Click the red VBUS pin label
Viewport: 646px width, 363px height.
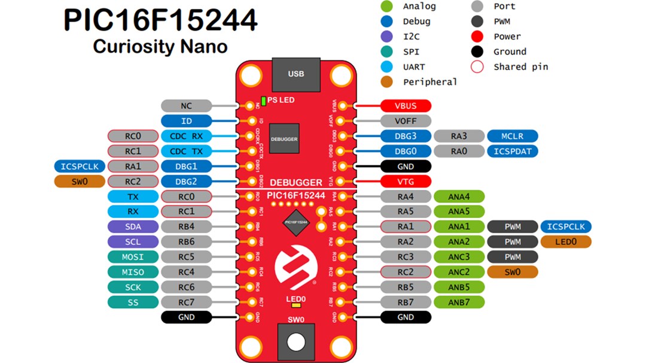[406, 106]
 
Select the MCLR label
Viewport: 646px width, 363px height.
[513, 136]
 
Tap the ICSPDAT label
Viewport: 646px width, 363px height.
[513, 151]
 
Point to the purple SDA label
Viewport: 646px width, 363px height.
[133, 226]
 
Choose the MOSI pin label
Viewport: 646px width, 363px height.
[133, 256]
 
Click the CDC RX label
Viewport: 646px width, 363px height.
[187, 136]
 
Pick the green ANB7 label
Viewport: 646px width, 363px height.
[459, 302]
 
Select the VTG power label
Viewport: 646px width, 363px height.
[406, 181]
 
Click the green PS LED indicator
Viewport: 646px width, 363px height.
[264, 100]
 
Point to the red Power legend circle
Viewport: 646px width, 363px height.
[477, 37]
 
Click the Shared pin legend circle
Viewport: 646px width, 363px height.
[477, 66]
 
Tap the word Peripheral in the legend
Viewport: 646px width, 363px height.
[429, 82]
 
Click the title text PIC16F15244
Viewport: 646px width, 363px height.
[160, 21]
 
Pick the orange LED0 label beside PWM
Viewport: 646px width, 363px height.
[566, 241]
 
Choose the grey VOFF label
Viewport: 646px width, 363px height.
[406, 121]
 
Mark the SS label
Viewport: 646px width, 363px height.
[133, 302]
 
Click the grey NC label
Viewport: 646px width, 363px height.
[187, 106]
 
